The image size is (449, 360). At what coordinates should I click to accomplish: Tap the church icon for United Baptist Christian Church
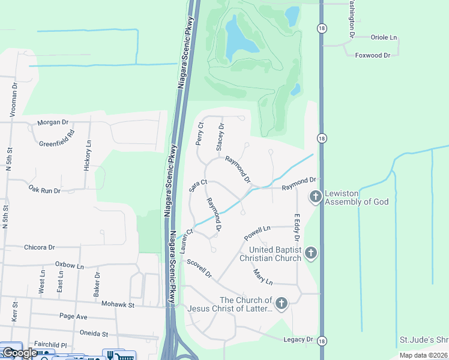point(310,253)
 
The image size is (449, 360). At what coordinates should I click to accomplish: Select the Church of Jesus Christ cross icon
point(281,304)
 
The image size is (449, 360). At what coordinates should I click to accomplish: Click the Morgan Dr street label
point(53,122)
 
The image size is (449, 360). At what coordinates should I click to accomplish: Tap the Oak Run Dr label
point(44,190)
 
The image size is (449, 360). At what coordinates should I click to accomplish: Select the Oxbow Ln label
point(69,265)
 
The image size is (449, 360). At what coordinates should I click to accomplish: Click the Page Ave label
point(73,316)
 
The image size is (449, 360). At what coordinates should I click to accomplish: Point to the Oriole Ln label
point(384,37)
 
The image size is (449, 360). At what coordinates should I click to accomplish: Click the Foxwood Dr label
point(373,55)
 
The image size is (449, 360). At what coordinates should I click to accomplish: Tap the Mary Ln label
point(263,277)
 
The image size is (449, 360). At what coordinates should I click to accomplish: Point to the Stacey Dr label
point(220,136)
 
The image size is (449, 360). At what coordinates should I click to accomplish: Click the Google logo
point(20,353)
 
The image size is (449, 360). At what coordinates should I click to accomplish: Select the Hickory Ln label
point(89,156)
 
